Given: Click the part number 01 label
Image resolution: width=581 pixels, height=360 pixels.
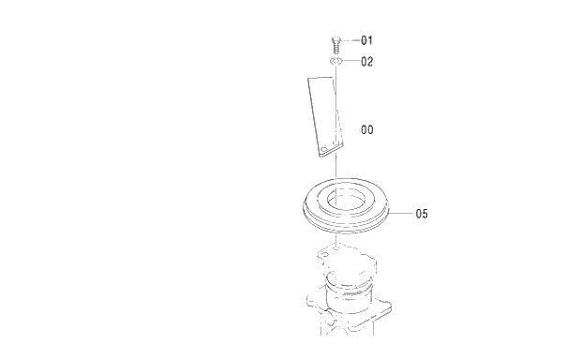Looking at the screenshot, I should coord(367,41).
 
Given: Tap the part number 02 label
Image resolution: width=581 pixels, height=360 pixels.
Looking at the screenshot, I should coord(367,62).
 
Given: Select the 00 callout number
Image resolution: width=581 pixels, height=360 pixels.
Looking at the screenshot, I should coord(367,130).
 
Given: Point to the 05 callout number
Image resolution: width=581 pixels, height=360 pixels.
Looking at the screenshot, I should coord(421,214).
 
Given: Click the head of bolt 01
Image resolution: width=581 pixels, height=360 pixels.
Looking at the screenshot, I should coord(335,37).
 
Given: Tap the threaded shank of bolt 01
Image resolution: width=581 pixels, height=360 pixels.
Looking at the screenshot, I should coord(335,47).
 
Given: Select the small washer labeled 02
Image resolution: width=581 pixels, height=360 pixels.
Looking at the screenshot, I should coord(335,62).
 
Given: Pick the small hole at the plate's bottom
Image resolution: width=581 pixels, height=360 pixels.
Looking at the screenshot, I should coord(325,149).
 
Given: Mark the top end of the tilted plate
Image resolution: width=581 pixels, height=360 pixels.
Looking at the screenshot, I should coord(319,79).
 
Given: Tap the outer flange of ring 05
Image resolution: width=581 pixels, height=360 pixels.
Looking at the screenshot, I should coord(309,208).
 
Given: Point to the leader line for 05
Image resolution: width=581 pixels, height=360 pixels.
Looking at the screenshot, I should coord(400,214).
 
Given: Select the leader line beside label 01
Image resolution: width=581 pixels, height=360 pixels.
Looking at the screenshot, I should coord(351,41).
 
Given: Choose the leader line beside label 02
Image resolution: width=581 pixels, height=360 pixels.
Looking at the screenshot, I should coord(351,62).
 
